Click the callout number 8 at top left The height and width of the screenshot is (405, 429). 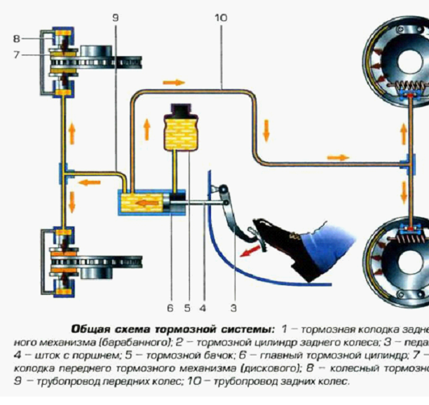point(16,37)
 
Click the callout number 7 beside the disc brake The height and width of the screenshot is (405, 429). point(16,54)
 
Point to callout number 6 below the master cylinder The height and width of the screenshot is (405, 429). point(170,306)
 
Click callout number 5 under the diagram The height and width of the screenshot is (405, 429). point(187,306)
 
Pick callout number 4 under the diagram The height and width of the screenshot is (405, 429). point(204,306)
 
